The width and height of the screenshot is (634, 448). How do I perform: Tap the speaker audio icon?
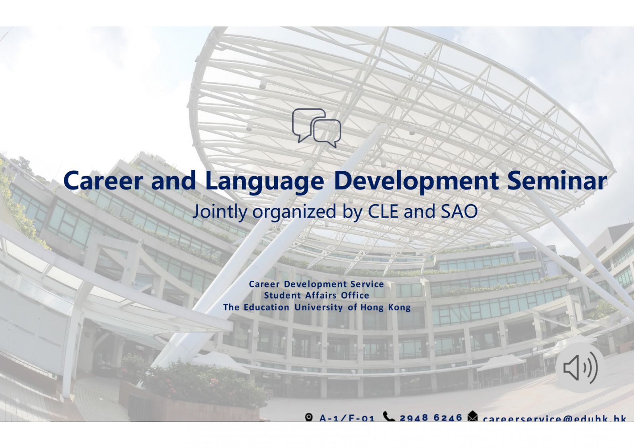tap(580, 368)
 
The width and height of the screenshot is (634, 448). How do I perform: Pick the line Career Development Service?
tap(316, 284)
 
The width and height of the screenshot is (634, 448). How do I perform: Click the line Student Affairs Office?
tap(316, 295)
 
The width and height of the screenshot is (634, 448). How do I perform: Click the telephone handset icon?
tap(389, 416)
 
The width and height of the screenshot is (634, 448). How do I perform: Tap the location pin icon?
tap(309, 417)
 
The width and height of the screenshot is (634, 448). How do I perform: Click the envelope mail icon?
tap(473, 417)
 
